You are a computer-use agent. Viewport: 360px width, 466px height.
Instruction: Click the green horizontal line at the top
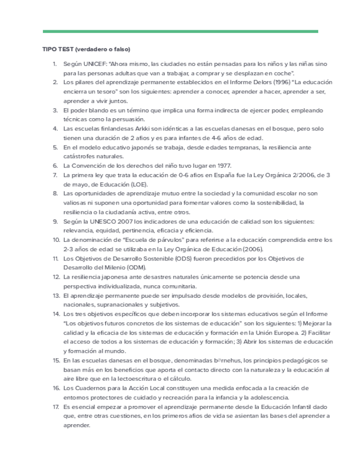pyautogui.click(x=180, y=31)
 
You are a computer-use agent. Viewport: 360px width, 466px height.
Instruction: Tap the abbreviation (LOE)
pyautogui.click(x=139, y=184)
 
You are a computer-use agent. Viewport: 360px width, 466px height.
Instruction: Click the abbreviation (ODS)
pyautogui.click(x=158, y=258)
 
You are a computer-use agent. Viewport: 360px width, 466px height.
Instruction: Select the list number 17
pyautogui.click(x=56, y=407)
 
